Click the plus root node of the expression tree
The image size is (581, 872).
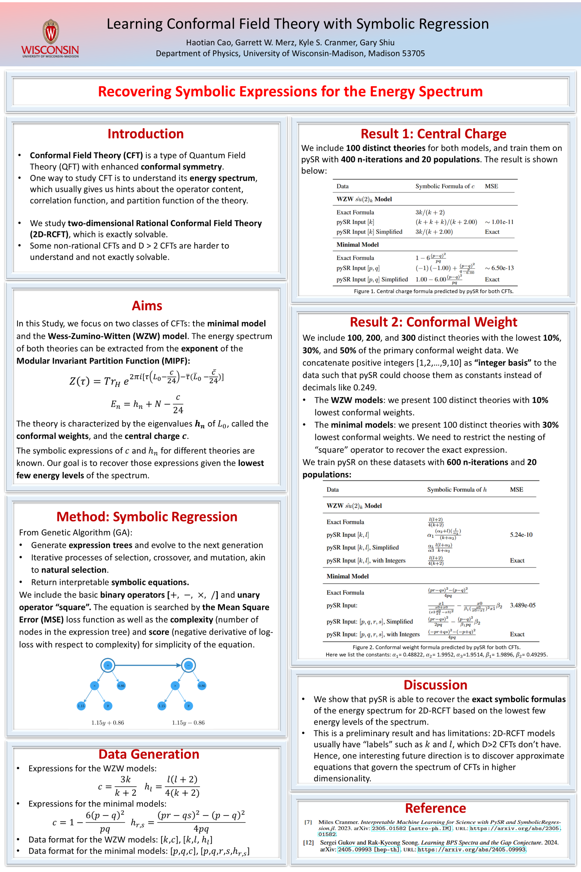(108, 665)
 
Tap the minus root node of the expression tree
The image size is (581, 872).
(188, 665)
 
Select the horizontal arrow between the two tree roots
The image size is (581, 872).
(148, 665)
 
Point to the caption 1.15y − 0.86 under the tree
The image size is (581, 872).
(188, 723)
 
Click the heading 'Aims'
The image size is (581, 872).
(147, 306)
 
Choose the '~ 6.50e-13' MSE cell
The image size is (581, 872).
(499, 268)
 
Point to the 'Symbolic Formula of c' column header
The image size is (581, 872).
(445, 186)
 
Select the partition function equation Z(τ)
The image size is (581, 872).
(146, 379)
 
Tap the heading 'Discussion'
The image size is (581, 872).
(435, 685)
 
